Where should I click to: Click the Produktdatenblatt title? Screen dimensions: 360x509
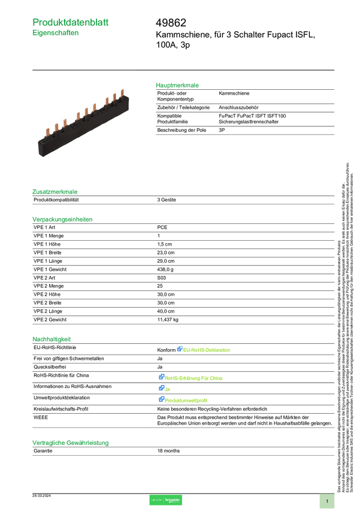click(x=71, y=22)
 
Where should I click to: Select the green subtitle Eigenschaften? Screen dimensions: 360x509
click(x=56, y=34)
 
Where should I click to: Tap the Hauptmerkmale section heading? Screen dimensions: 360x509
click(x=178, y=86)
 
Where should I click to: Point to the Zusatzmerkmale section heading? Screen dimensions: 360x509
click(x=55, y=192)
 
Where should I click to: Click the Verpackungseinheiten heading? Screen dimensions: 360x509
click(x=62, y=219)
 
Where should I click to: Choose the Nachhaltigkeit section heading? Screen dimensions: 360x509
click(x=52, y=339)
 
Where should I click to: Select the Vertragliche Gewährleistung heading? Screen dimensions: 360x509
click(x=71, y=443)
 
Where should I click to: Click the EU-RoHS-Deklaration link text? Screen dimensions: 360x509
click(x=207, y=350)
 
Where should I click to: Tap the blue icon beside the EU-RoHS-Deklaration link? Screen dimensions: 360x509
click(x=179, y=349)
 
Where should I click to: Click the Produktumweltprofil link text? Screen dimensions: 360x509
click(x=186, y=400)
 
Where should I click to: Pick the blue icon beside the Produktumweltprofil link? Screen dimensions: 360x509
click(x=161, y=399)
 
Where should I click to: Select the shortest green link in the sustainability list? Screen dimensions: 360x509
click(x=168, y=389)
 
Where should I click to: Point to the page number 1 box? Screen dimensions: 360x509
click(x=327, y=501)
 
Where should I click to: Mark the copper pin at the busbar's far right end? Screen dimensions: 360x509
click(x=122, y=95)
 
